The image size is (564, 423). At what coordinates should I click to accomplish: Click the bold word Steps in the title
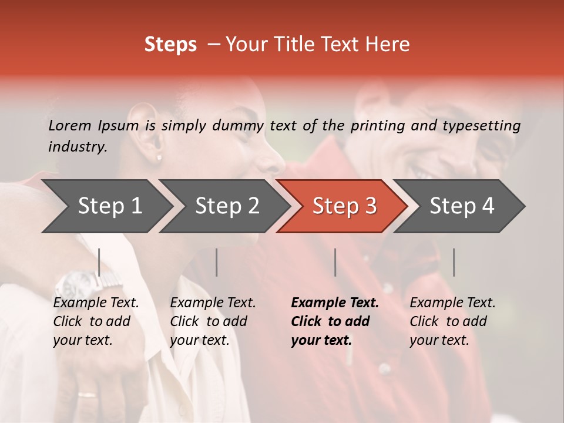click(x=170, y=45)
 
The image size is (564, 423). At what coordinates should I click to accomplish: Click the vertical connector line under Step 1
click(x=99, y=262)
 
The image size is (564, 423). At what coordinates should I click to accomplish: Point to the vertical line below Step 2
click(x=217, y=262)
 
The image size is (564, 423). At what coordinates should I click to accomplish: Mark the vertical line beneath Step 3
click(x=335, y=262)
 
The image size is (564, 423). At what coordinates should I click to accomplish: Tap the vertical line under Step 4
click(x=454, y=262)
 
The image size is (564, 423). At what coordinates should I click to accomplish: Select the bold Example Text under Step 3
click(x=335, y=303)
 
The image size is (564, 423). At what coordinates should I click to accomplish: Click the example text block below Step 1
click(x=96, y=321)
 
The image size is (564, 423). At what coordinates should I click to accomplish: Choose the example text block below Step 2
click(x=213, y=321)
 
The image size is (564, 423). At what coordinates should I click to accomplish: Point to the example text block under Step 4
click(x=452, y=321)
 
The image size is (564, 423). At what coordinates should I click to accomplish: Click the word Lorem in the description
click(x=70, y=125)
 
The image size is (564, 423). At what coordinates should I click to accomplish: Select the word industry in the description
click(x=77, y=147)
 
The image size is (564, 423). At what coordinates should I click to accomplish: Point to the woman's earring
click(x=159, y=157)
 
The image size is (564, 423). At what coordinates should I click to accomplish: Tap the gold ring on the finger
click(x=88, y=395)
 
